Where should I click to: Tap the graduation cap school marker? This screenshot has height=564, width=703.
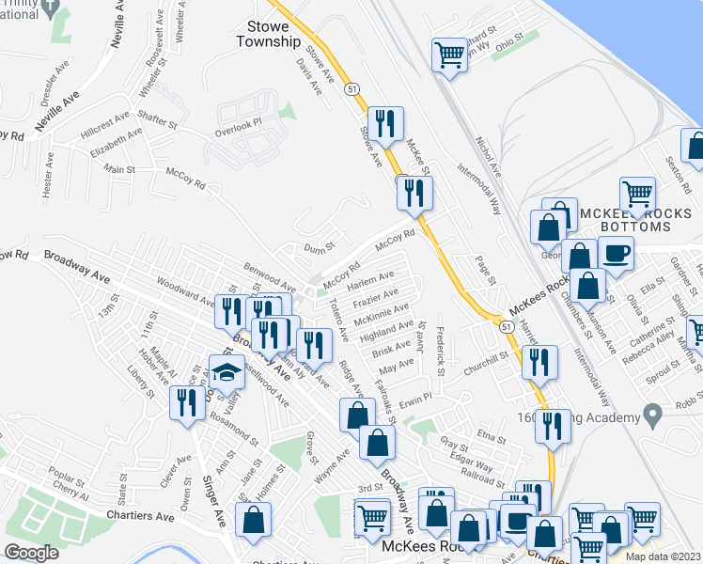pyautogui.click(x=227, y=373)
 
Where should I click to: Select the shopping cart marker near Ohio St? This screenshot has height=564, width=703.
pyautogui.click(x=449, y=55)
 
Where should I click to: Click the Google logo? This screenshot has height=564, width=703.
pyautogui.click(x=31, y=552)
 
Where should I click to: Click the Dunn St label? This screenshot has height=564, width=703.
pyautogui.click(x=320, y=247)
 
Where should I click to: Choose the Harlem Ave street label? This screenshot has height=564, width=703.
pyautogui.click(x=371, y=281)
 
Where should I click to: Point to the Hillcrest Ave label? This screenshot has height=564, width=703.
pyautogui.click(x=105, y=123)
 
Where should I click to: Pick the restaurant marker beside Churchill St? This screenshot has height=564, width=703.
pyautogui.click(x=539, y=362)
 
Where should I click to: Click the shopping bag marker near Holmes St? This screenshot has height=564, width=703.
pyautogui.click(x=254, y=520)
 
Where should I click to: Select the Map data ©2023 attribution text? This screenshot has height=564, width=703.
pyautogui.click(x=662, y=556)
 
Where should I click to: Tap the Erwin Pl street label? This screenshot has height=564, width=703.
pyautogui.click(x=414, y=400)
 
